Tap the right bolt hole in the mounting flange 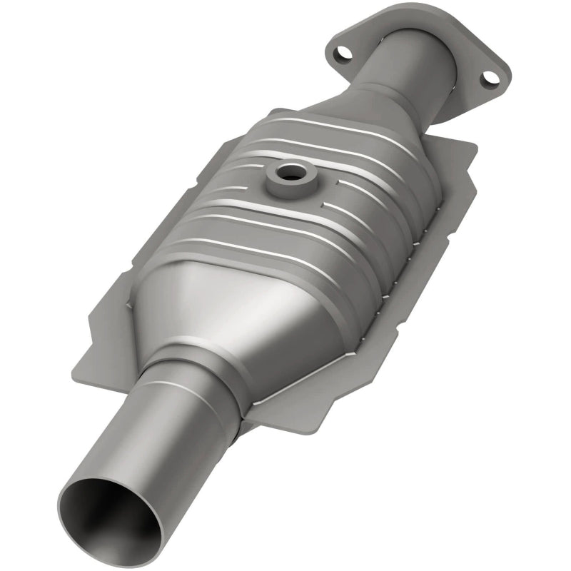tap(488, 77)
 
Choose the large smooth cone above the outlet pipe tap(214, 314)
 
